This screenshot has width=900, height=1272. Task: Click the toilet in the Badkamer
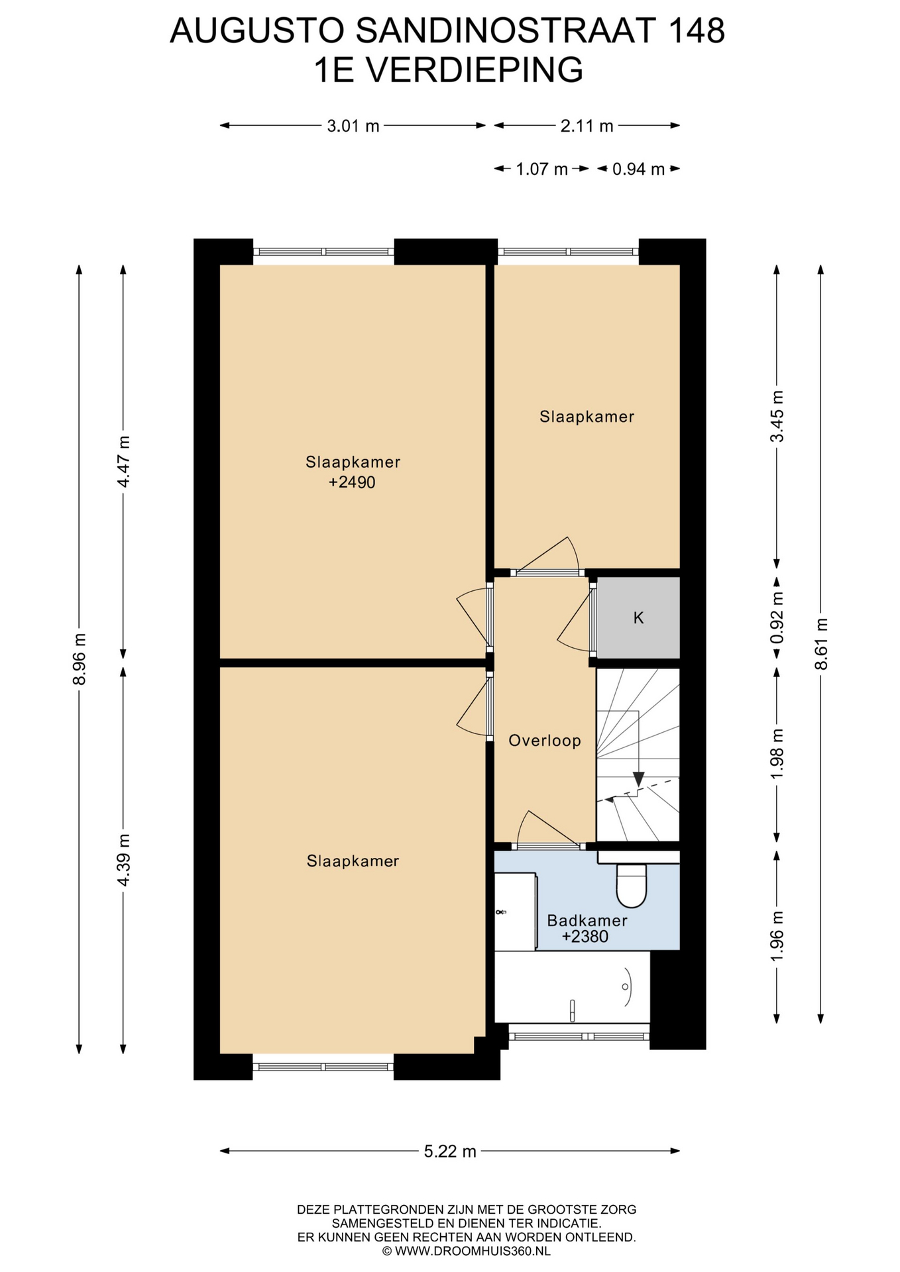click(631, 885)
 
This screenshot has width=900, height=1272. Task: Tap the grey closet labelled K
click(638, 617)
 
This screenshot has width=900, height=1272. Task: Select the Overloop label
click(545, 741)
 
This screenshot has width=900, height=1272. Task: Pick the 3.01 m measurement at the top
click(353, 126)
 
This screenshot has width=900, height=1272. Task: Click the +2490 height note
click(352, 482)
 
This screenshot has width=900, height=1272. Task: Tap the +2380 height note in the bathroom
click(585, 936)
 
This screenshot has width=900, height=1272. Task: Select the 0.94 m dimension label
click(638, 169)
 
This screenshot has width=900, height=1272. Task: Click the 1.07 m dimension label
click(542, 169)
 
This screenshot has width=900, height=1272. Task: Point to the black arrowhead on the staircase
click(638, 778)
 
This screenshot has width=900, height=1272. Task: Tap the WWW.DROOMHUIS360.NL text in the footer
click(473, 1251)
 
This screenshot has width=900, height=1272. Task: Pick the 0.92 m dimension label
click(777, 617)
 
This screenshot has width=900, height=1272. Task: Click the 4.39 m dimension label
click(123, 860)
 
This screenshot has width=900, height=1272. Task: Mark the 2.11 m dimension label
click(587, 126)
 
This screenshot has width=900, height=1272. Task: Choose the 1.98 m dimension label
click(777, 754)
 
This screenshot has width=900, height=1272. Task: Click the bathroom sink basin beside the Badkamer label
click(515, 912)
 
